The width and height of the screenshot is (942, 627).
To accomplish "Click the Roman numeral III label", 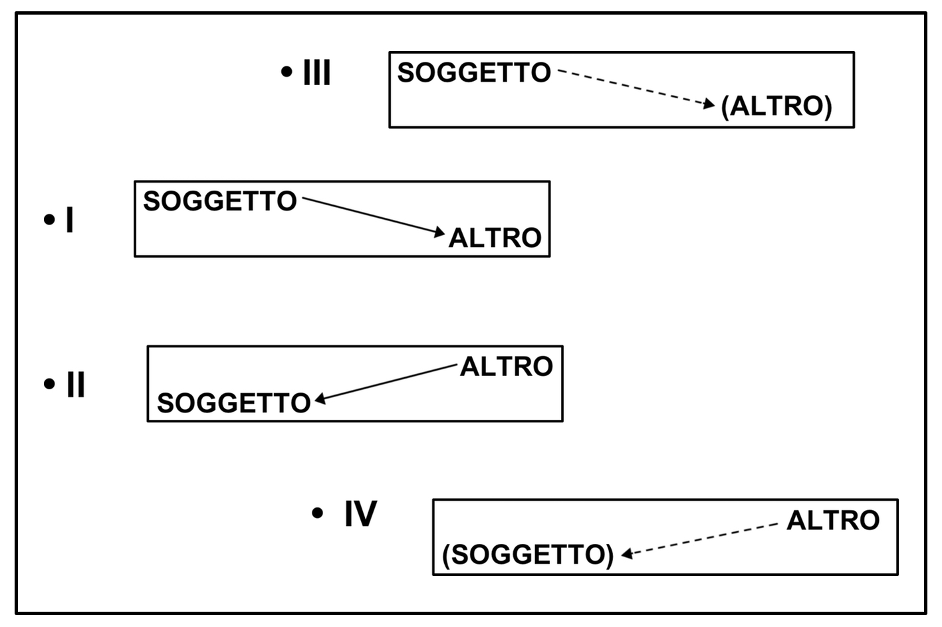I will pyautogui.click(x=316, y=72).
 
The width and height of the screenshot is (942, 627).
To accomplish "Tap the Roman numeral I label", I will pyautogui.click(x=69, y=220).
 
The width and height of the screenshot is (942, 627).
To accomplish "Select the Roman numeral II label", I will pyautogui.click(x=76, y=385).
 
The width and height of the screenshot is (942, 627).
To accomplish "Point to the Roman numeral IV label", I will pyautogui.click(x=360, y=513).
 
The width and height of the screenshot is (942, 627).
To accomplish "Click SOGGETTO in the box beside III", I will pyautogui.click(x=474, y=72).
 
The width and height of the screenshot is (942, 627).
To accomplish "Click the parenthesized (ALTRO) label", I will pyautogui.click(x=776, y=106).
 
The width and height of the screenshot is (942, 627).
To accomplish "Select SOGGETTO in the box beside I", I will pyautogui.click(x=220, y=201).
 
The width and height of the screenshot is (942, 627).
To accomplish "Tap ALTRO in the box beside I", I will pyautogui.click(x=495, y=238).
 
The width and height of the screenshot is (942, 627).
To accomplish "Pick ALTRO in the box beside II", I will pyautogui.click(x=507, y=367).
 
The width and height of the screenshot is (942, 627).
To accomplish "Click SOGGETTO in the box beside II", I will pyautogui.click(x=234, y=403).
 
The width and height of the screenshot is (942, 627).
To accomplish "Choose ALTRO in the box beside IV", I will pyautogui.click(x=833, y=520).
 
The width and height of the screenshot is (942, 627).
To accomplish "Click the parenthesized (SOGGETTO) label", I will pyautogui.click(x=528, y=555).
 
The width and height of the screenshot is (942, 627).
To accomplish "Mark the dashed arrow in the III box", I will pyautogui.click(x=636, y=87).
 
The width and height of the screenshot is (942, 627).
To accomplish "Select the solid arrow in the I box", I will pyautogui.click(x=372, y=215).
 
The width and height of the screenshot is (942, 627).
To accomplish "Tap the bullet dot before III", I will pyautogui.click(x=287, y=72).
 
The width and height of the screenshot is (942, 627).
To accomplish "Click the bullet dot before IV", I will pyautogui.click(x=318, y=513).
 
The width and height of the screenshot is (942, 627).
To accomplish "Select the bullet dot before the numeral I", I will pyautogui.click(x=49, y=220).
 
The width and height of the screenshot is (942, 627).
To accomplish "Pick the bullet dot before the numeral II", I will pyautogui.click(x=49, y=384).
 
